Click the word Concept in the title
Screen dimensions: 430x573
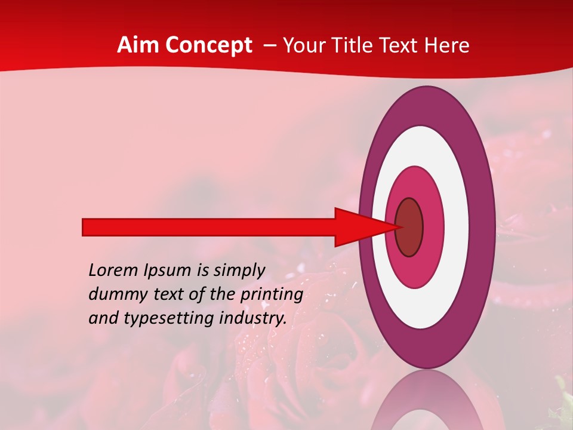click(209, 45)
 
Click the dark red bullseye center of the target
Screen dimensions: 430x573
click(409, 228)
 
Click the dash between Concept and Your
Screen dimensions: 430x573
click(270, 46)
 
